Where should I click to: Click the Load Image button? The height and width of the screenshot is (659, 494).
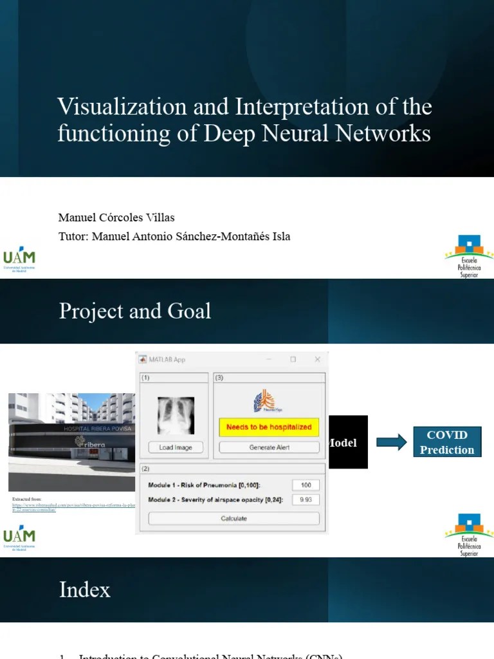[175, 447]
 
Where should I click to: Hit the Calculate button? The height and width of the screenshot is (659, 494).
[233, 518]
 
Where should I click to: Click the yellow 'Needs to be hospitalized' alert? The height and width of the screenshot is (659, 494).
[269, 427]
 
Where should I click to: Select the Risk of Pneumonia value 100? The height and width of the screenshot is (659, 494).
[306, 485]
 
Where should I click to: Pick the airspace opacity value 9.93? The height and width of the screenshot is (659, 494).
[306, 499]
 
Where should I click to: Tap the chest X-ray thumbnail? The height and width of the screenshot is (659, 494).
[176, 415]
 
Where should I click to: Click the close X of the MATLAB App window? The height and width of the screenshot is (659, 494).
[316, 359]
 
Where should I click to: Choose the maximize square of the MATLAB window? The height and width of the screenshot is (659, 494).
[293, 359]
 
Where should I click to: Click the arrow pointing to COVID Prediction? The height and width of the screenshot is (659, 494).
[391, 442]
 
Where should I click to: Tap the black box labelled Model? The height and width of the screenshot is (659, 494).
[348, 442]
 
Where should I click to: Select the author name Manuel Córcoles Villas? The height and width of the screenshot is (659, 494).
[116, 218]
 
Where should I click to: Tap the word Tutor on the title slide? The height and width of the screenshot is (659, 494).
[72, 236]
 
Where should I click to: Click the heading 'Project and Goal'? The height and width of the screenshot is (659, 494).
[134, 311]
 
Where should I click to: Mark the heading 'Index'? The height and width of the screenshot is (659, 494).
[84, 589]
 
